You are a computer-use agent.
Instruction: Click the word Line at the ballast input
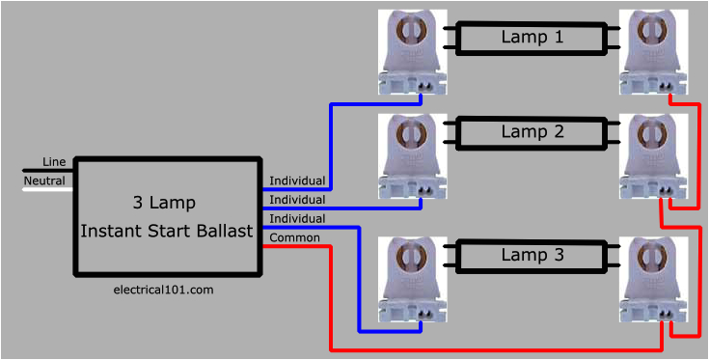pos(54,161)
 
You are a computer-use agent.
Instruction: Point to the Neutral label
pos(44,180)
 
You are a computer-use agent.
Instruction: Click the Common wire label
pos(294,237)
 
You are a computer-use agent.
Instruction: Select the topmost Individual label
pos(297,180)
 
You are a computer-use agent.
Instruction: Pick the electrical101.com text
pos(163,290)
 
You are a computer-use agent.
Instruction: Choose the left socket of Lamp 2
pos(414,154)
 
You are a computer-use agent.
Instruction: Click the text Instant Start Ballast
pos(166,231)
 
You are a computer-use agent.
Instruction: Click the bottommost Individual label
pos(297,219)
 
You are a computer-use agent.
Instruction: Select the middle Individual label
pos(297,200)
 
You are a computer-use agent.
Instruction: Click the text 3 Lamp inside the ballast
pos(164,203)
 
